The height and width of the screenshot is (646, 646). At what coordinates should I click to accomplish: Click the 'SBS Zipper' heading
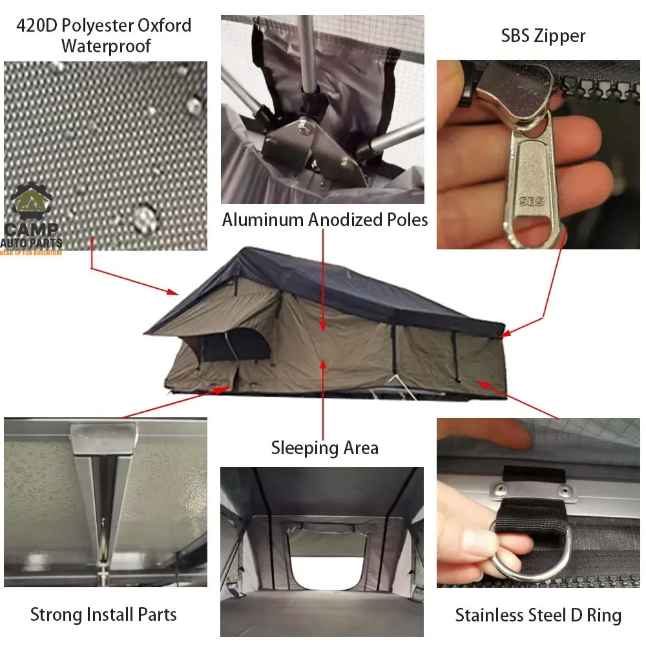(543, 36)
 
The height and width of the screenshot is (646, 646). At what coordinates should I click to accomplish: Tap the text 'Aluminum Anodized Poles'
(325, 220)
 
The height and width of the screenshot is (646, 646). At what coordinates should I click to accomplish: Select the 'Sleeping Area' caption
(325, 448)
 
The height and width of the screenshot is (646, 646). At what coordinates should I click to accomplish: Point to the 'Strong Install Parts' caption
(103, 614)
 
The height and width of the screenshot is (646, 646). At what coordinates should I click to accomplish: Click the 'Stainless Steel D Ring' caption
(538, 615)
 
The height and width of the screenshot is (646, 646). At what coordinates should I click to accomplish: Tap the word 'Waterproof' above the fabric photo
(106, 46)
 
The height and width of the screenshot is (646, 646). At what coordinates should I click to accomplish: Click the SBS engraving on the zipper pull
(532, 201)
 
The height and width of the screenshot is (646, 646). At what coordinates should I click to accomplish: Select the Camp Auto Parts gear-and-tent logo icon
(31, 202)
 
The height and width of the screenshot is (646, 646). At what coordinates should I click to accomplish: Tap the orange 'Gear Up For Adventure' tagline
(31, 253)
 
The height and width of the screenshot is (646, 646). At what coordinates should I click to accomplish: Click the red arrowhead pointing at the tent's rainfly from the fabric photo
(173, 292)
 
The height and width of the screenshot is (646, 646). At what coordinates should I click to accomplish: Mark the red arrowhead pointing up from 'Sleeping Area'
(323, 365)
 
